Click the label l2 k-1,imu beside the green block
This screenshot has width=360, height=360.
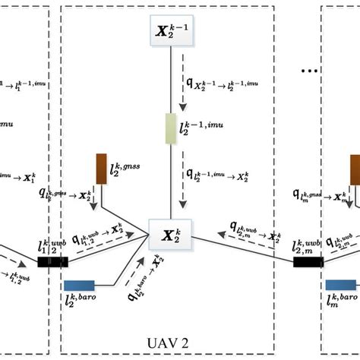pos(206,128)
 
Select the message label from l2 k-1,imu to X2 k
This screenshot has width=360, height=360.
pos(225,177)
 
